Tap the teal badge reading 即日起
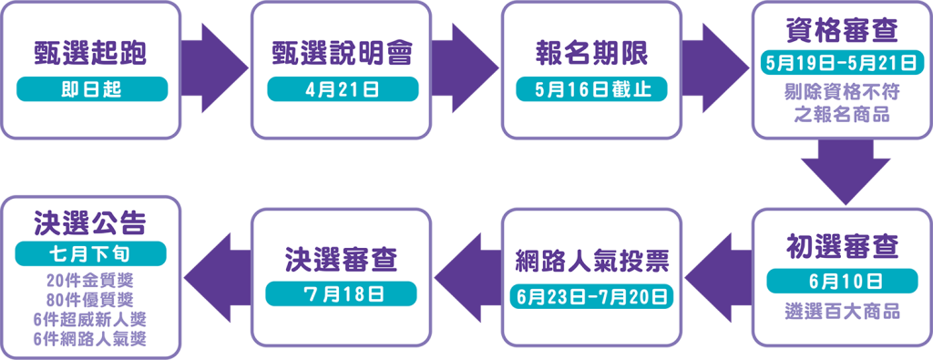pyautogui.click(x=91, y=88)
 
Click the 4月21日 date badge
pyautogui.click(x=342, y=88)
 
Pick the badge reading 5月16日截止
pyautogui.click(x=591, y=88)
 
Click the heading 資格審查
pyautogui.click(x=841, y=31)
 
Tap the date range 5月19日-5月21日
pyautogui.click(x=841, y=65)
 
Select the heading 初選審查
pyautogui.click(x=841, y=247)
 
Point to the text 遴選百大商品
pyautogui.click(x=841, y=312)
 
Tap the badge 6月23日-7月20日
pyautogui.click(x=591, y=296)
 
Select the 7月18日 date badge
pyautogui.click(x=342, y=293)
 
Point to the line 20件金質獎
pyautogui.click(x=91, y=279)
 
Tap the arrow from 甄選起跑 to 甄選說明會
pyautogui.click(x=216, y=69)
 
